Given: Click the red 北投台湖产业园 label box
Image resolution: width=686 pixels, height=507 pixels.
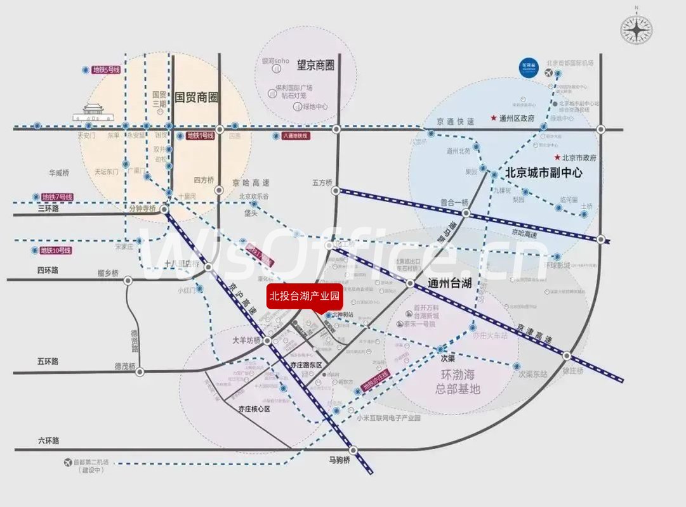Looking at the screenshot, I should [305, 296].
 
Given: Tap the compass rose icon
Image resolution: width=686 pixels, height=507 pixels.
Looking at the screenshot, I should [636, 29].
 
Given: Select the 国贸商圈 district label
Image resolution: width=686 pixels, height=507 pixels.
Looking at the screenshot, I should [196, 98].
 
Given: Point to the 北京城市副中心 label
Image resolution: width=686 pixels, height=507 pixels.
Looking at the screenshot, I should [544, 172].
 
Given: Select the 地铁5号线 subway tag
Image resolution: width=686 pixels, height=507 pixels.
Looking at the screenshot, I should [106, 70].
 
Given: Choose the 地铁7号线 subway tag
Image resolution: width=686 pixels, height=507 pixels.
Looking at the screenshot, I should [58, 197].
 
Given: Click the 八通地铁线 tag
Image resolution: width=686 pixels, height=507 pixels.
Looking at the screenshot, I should [295, 136].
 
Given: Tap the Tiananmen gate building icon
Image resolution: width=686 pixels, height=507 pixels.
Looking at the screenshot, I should [93, 112].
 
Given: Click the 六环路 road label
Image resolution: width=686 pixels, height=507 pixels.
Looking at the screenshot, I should [48, 440].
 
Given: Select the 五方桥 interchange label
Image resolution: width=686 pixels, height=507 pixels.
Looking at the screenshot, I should [322, 183].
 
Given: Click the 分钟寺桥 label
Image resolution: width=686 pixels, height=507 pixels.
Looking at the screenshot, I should [142, 208].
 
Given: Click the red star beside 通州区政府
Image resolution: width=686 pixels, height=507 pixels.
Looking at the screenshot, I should [493, 118].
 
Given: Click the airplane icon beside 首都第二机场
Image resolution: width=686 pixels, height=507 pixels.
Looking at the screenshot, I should [68, 463].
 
